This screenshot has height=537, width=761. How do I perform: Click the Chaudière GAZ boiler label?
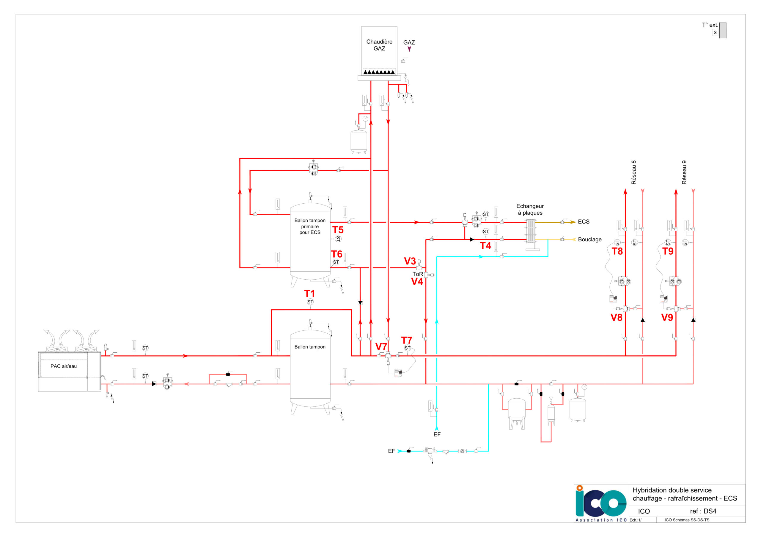pyautogui.click(x=379, y=45)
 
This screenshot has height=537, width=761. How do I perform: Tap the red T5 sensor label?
pyautogui.click(x=338, y=230)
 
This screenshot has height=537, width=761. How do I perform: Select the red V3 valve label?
pyautogui.click(x=410, y=261)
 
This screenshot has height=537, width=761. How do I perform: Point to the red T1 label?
pyautogui.click(x=309, y=293)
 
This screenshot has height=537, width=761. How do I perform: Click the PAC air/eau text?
pyautogui.click(x=63, y=366)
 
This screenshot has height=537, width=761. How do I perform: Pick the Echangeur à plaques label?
pyautogui.click(x=530, y=210)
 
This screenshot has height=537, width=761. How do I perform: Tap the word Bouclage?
pyautogui.click(x=590, y=239)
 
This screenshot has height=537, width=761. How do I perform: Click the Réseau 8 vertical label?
pyautogui.click(x=633, y=172)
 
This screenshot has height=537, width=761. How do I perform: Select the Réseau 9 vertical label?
pyautogui.click(x=684, y=172)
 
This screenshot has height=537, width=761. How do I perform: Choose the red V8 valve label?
pyautogui.click(x=617, y=318)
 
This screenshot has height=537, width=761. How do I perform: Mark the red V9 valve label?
pyautogui.click(x=667, y=318)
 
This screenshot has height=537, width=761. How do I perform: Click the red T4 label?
pyautogui.click(x=485, y=246)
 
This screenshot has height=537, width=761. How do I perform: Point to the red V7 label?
pyautogui.click(x=381, y=347)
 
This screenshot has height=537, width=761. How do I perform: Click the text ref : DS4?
pyautogui.click(x=703, y=511)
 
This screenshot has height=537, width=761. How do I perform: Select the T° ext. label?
pyautogui.click(x=710, y=25)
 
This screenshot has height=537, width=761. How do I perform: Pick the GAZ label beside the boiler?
pyautogui.click(x=409, y=42)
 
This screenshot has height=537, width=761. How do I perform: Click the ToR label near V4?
pyautogui.click(x=418, y=274)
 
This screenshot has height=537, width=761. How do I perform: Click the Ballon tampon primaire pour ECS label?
pyautogui.click(x=310, y=226)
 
